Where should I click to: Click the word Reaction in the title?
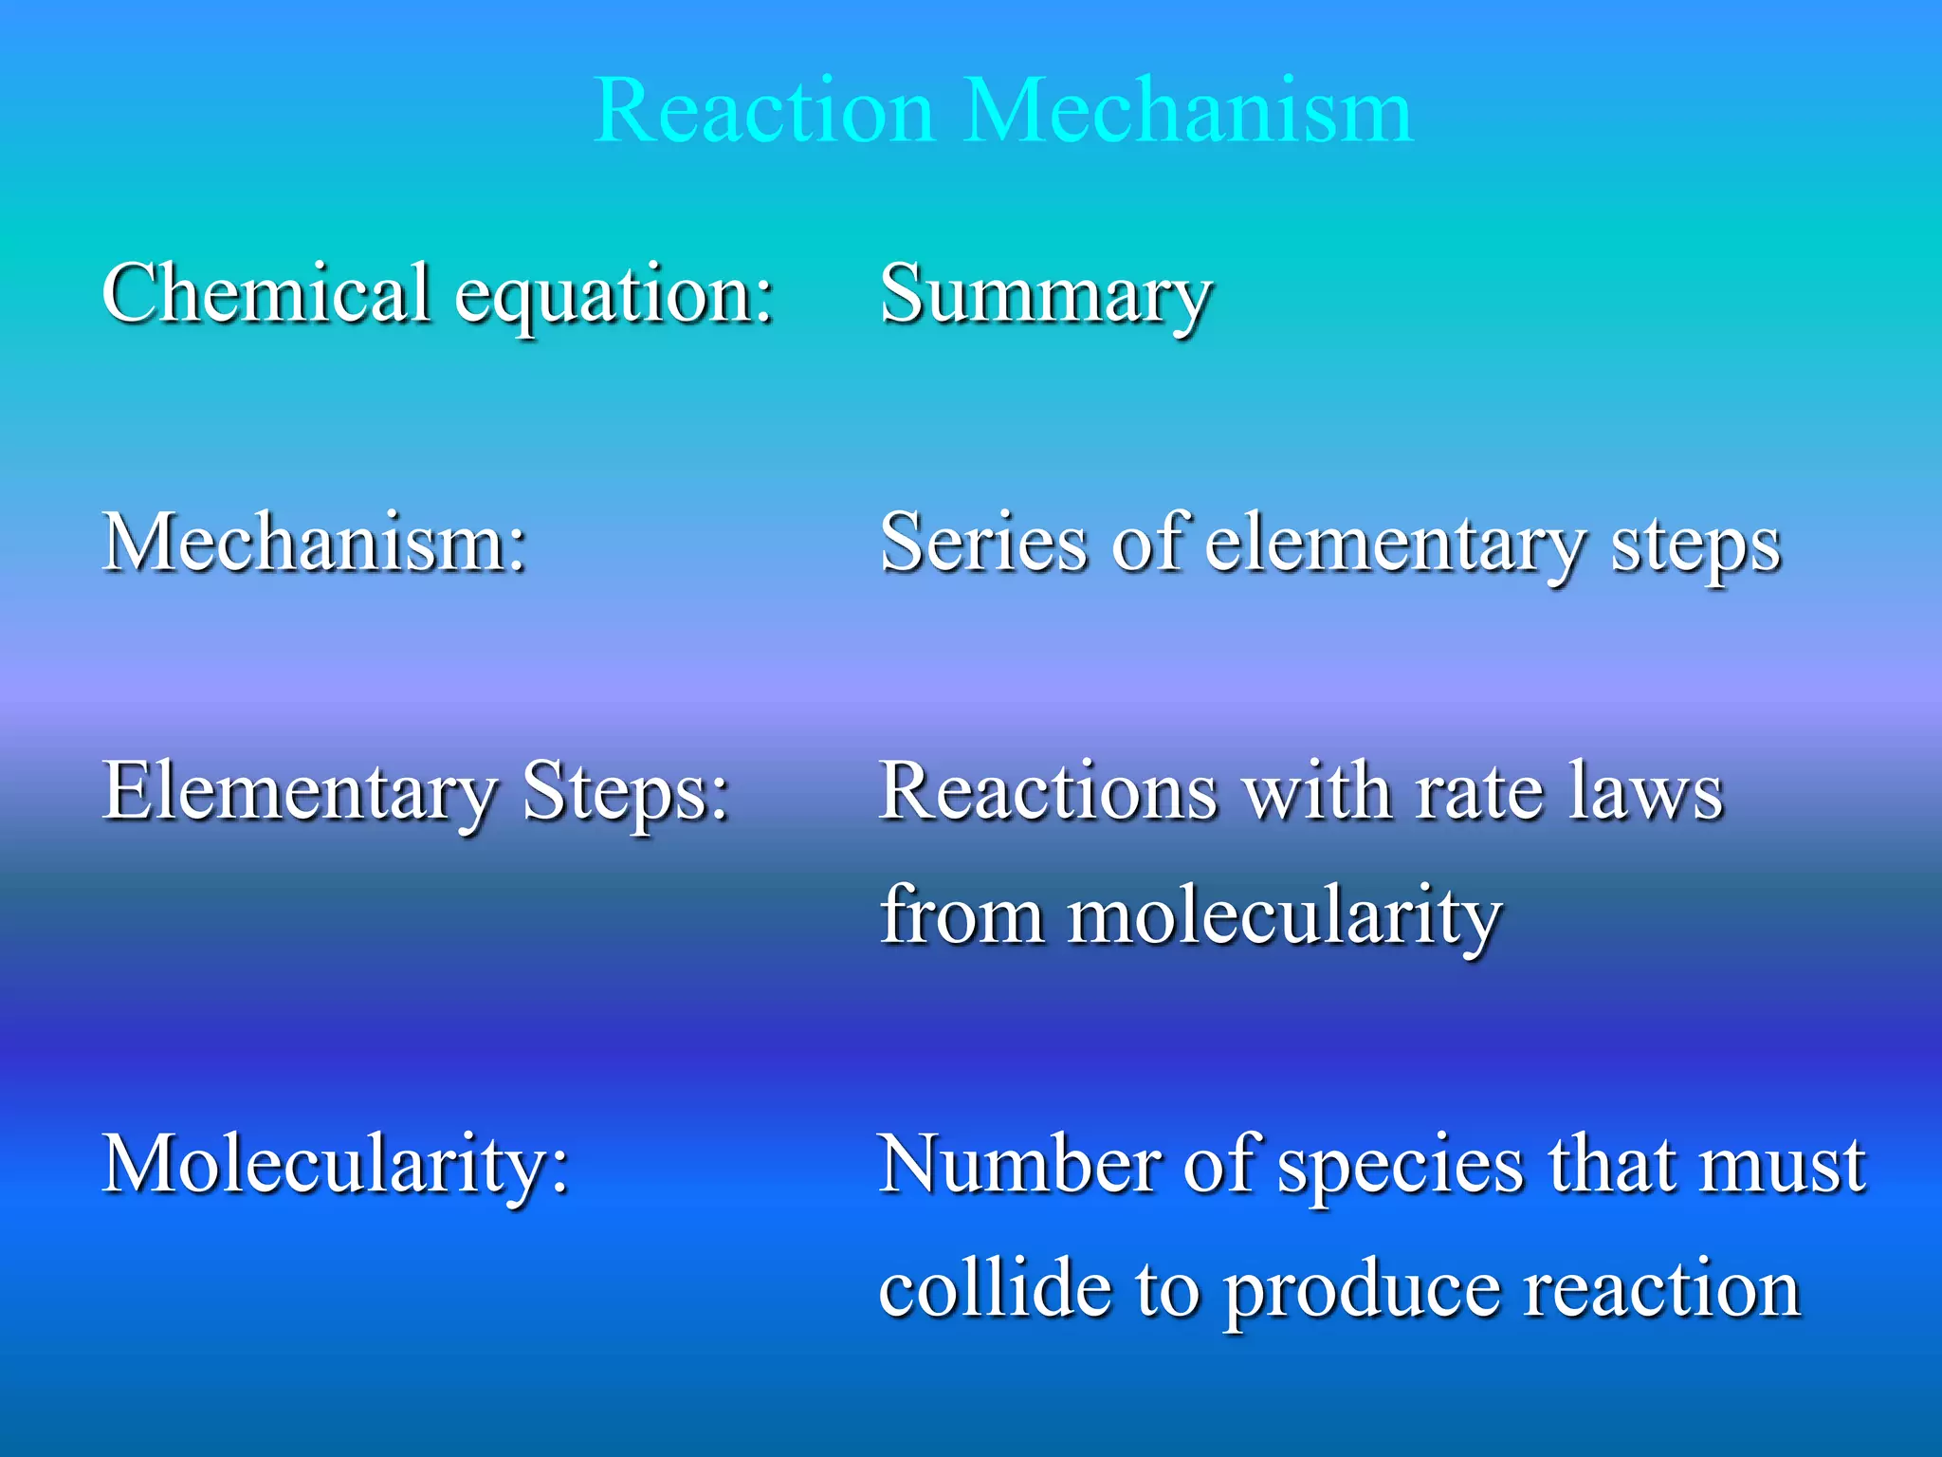764,112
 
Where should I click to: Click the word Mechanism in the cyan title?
1189,112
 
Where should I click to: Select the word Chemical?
266,293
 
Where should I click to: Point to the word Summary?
1046,297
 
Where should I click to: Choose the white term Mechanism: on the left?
314,543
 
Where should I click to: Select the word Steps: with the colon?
626,795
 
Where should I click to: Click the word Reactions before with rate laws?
1048,791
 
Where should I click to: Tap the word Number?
1018,1164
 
